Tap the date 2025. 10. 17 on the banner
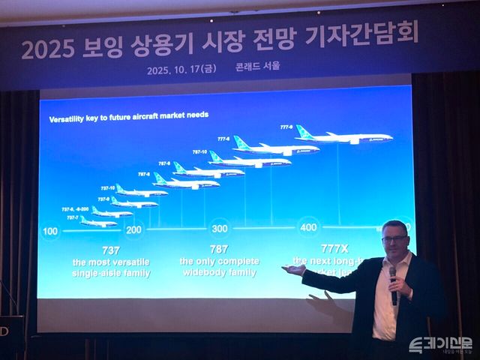183,66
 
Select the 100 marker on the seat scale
50,231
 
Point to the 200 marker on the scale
134,229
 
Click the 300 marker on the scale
220,228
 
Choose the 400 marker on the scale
308,226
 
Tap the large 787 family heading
220,249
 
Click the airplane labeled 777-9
345,137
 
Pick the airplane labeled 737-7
97,222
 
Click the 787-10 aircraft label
199,151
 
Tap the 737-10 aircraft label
107,188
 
